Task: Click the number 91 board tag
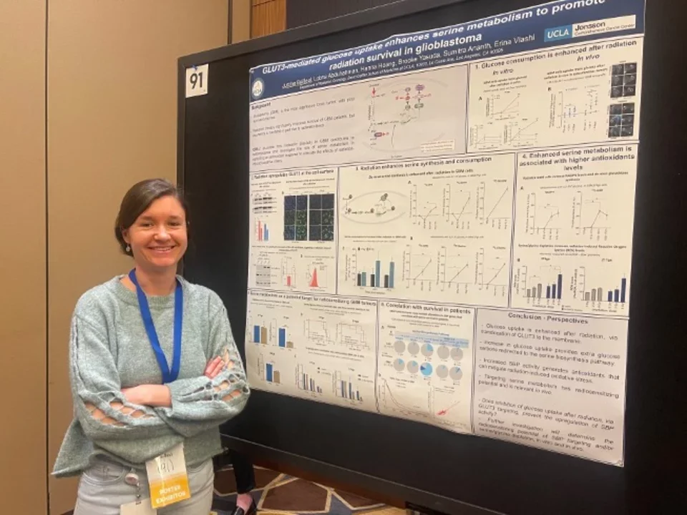click(197, 80)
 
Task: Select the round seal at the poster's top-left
click(258, 88)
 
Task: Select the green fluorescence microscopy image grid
click(308, 216)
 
